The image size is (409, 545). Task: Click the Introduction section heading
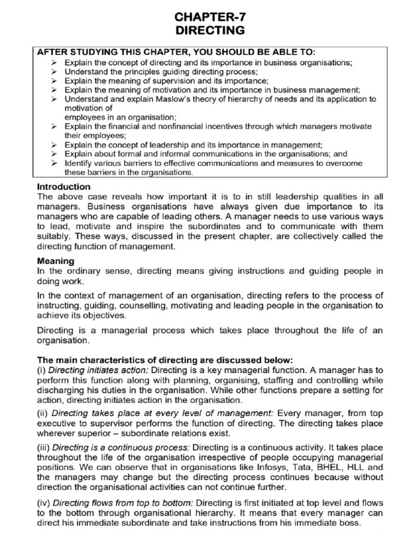pyautogui.click(x=63, y=187)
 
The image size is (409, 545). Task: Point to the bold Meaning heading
pyautogui.click(x=55, y=261)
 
